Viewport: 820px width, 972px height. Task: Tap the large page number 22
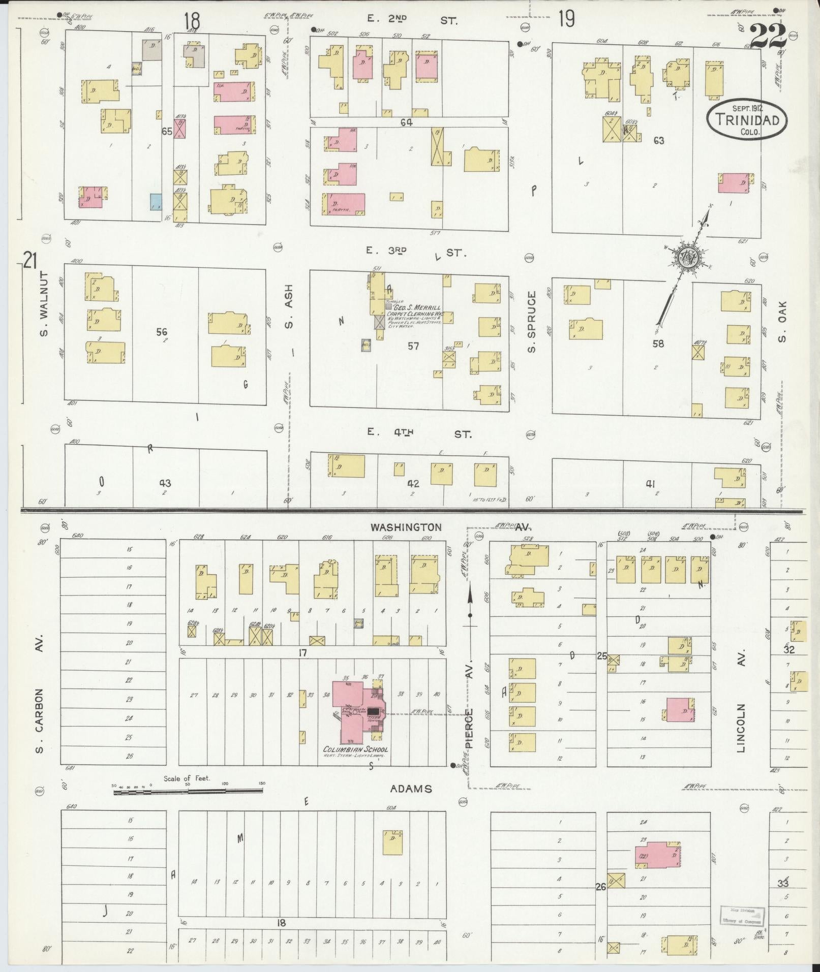click(x=768, y=37)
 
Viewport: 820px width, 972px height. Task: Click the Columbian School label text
click(x=356, y=749)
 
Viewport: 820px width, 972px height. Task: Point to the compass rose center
click(x=689, y=258)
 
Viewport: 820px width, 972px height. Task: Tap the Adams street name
click(x=411, y=789)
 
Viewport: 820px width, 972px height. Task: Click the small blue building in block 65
click(x=156, y=202)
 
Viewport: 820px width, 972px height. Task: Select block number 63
click(x=659, y=141)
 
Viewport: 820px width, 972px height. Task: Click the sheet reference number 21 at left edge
click(x=31, y=261)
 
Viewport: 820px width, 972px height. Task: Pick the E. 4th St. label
click(x=419, y=433)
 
